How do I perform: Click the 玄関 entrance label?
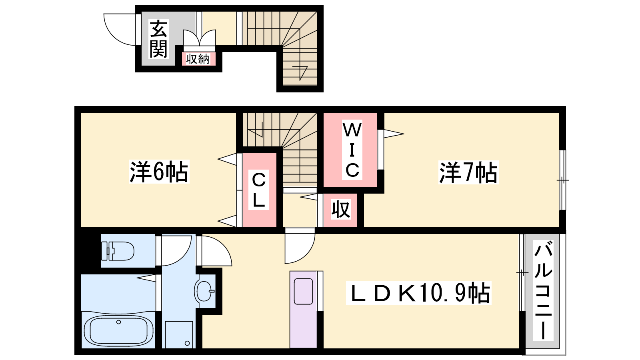click(158, 38)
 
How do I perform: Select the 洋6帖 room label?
click(159, 172)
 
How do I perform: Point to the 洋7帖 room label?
click(468, 172)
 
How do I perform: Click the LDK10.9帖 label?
click(418, 293)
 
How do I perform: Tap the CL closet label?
click(258, 190)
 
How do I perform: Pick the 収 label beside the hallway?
click(341, 210)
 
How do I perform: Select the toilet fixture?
click(118, 251)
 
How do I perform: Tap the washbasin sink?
click(204, 291)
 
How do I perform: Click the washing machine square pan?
click(179, 334)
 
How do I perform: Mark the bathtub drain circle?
click(118, 322)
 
